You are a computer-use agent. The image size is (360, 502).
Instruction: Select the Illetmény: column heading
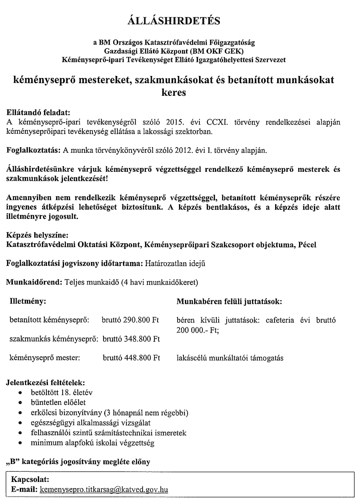28,302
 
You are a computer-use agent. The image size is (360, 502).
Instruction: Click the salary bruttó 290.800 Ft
130,320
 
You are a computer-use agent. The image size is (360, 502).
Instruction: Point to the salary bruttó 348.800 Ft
131,339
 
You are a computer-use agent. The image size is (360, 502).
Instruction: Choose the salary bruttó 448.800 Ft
131,358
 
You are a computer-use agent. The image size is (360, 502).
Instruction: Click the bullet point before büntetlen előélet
21,403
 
